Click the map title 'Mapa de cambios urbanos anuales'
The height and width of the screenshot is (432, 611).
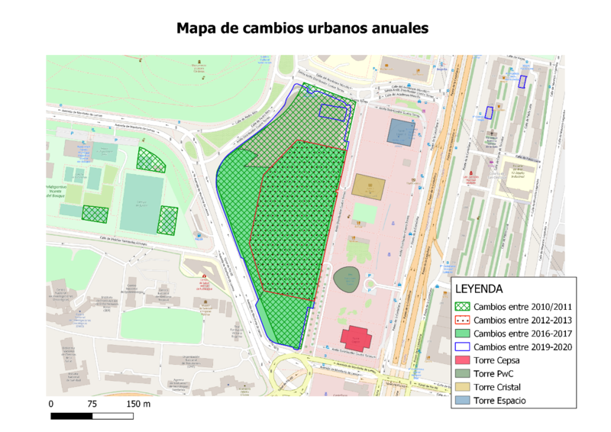tap(302, 28)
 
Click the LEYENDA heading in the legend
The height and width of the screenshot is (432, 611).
tap(479, 289)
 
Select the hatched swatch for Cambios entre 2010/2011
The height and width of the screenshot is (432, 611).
tap(463, 307)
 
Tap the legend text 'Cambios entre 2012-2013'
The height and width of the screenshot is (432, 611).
tap(522, 321)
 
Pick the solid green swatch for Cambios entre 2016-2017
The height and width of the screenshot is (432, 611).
tap(463, 334)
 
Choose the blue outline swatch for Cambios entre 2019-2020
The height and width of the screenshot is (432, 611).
tap(463, 347)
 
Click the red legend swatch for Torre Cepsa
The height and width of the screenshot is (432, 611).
tap(463, 361)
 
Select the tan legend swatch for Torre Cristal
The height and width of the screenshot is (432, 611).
tap(463, 388)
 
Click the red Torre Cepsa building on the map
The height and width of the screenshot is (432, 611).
tap(356, 337)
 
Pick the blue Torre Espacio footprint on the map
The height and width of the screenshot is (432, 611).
tap(401, 132)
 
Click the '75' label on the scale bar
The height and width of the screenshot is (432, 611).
tap(92, 403)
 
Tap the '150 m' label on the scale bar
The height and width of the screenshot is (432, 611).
tap(137, 403)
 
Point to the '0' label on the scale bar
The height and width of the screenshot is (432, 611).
tap(51, 403)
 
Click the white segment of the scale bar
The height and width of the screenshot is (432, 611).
tap(113, 416)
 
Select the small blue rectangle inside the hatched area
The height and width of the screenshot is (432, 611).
tap(332, 112)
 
